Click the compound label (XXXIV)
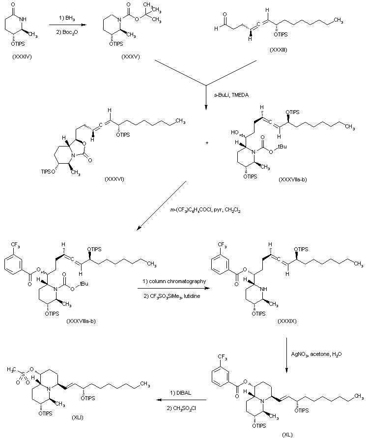22,57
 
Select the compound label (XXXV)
131,57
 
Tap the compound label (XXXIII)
279,50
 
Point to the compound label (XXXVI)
114,179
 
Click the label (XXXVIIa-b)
293,179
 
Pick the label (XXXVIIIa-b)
81,321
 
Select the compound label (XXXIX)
287,321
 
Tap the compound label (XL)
287,435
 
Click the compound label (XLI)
78,418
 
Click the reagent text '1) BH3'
67,19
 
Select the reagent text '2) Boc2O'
66,32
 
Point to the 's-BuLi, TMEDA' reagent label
231,95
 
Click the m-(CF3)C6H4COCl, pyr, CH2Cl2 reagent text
205,210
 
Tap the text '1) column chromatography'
174,281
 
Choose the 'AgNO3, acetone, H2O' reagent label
316,354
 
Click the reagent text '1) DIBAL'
181,393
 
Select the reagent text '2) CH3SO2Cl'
181,409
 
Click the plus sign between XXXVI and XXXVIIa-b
207,143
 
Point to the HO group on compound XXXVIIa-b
235,132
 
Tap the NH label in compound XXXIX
264,290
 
